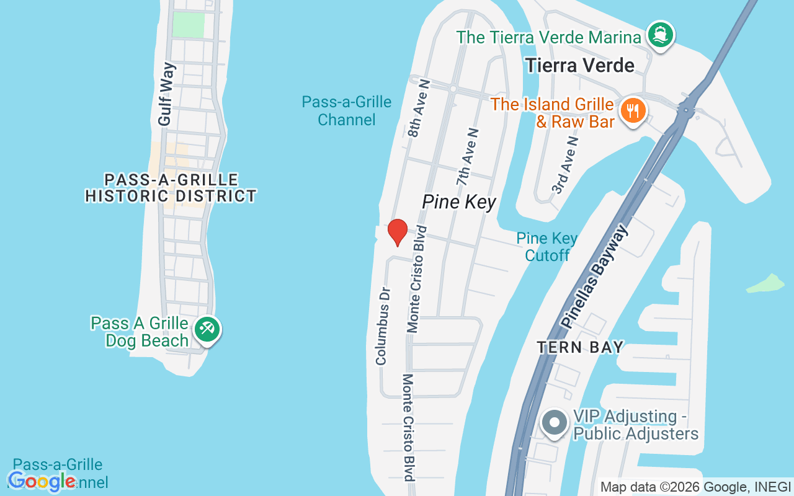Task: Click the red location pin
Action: click(x=397, y=232)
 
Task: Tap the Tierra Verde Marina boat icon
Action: click(x=659, y=35)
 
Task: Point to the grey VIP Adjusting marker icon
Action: click(x=554, y=423)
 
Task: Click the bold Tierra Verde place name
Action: click(x=580, y=66)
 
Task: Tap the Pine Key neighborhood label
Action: click(x=459, y=201)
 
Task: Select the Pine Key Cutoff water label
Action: click(x=546, y=247)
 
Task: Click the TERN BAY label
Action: click(x=580, y=347)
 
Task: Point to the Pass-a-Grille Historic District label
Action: click(x=171, y=188)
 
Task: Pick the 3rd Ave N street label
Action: click(x=565, y=166)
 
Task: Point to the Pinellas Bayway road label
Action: click(x=594, y=277)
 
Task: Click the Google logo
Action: click(x=42, y=481)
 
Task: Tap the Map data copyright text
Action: click(x=695, y=487)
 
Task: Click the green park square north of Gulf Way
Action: click(x=188, y=24)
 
